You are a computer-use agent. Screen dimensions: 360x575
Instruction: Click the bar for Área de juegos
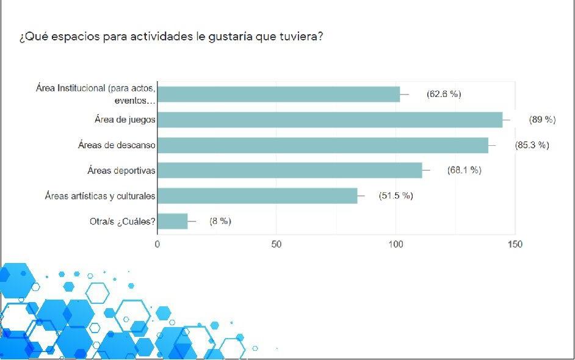pos(330,120)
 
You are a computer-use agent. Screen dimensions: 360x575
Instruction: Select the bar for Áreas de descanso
pos(323,145)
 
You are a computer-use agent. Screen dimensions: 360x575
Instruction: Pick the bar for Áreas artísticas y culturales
pos(257,196)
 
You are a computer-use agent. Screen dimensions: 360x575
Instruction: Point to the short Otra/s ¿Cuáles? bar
pos(173,221)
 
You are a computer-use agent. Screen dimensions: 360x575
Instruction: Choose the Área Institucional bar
pos(278,95)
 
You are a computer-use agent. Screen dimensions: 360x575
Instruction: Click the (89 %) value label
pos(542,120)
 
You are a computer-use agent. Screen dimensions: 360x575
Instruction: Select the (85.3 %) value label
pos(532,145)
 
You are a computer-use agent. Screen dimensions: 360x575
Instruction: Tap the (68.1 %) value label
pos(464,170)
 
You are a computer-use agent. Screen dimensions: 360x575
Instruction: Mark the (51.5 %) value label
pos(396,196)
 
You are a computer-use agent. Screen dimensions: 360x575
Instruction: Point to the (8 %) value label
pos(220,221)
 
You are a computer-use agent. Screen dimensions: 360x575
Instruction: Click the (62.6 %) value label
pos(444,94)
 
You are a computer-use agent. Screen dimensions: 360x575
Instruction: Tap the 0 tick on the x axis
pos(157,244)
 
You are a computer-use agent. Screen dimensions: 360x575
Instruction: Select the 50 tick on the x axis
pos(277,244)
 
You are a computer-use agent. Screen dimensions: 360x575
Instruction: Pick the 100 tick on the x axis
pos(396,244)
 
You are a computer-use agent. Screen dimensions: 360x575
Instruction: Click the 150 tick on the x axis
pos(515,244)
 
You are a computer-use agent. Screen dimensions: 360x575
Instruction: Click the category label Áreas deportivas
pos(121,170)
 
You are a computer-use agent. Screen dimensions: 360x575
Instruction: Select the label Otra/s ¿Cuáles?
pos(123,221)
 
